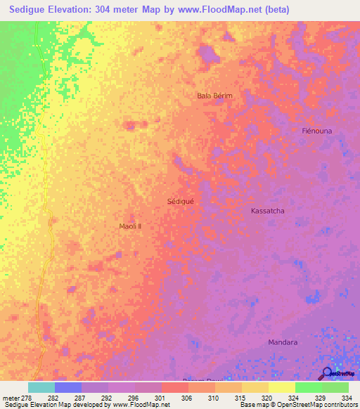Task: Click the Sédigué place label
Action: pos(180,200)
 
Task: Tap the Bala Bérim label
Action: pos(214,95)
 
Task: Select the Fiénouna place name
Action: pos(316,131)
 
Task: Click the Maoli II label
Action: pos(131,226)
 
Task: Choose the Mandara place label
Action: pos(283,342)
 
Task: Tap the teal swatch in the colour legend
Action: pos(41,387)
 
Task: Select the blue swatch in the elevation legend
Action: pos(68,387)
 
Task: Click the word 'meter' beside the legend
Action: pos(11,397)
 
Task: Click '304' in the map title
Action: pos(117,10)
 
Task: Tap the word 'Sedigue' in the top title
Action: pos(32,10)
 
